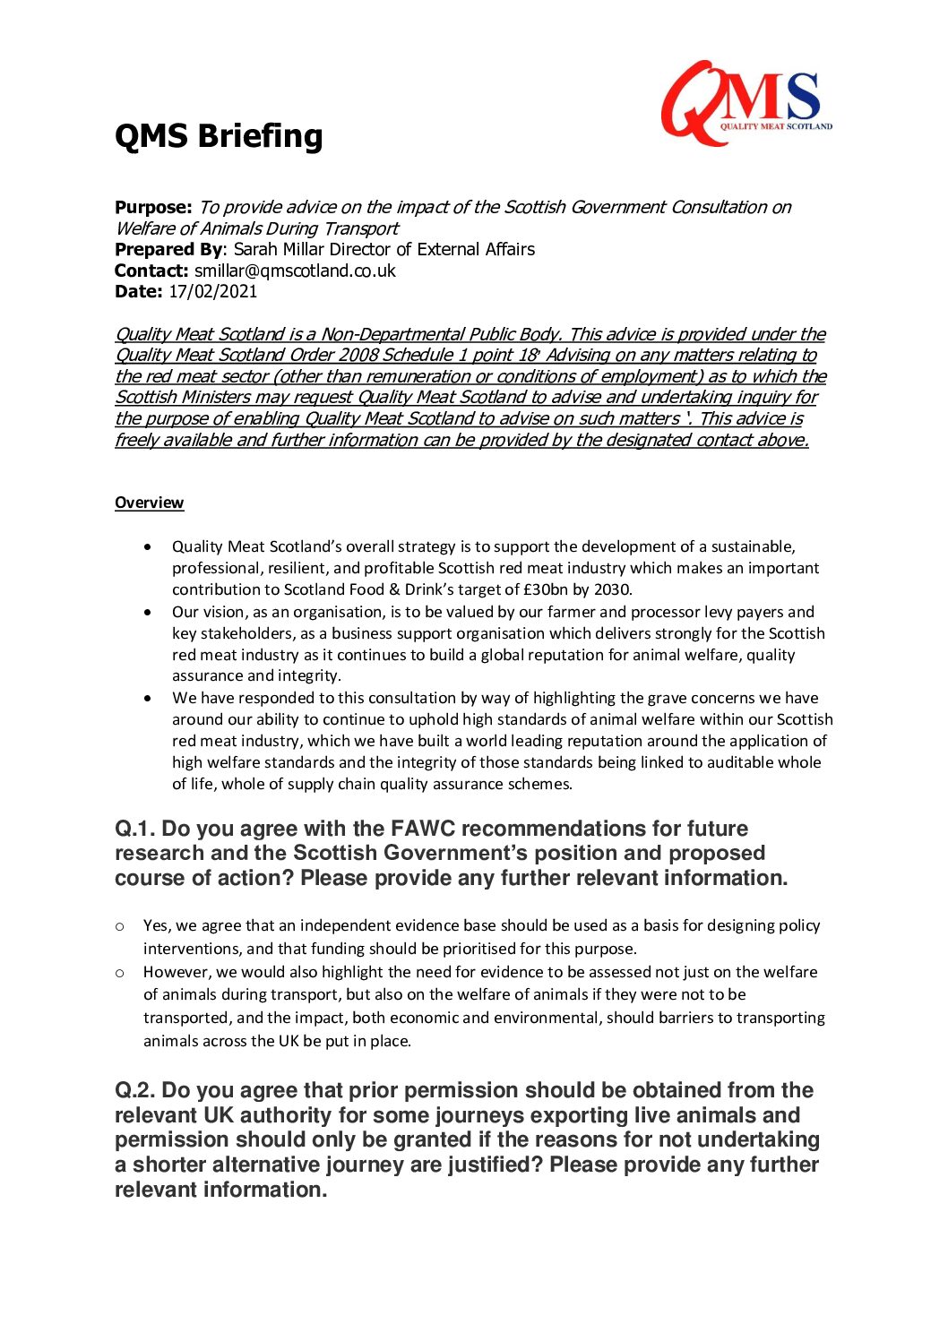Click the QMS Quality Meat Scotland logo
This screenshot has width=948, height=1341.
click(x=746, y=102)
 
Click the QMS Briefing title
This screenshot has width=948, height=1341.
click(x=219, y=136)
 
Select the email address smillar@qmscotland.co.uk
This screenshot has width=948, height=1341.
click(x=295, y=271)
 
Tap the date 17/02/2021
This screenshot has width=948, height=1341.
click(x=213, y=291)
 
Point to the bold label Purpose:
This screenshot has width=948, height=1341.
click(x=153, y=207)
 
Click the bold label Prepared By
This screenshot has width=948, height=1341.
click(x=168, y=249)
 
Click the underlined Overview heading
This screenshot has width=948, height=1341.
click(x=149, y=503)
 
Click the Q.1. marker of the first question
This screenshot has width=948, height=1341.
click(x=135, y=829)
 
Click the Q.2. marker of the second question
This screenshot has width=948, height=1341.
click(x=135, y=1090)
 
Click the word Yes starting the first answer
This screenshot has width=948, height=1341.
click(x=156, y=925)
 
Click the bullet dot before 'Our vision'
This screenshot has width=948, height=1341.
click(x=148, y=613)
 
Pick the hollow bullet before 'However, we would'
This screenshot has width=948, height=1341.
click(x=120, y=972)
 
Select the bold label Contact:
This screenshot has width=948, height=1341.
click(x=151, y=271)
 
